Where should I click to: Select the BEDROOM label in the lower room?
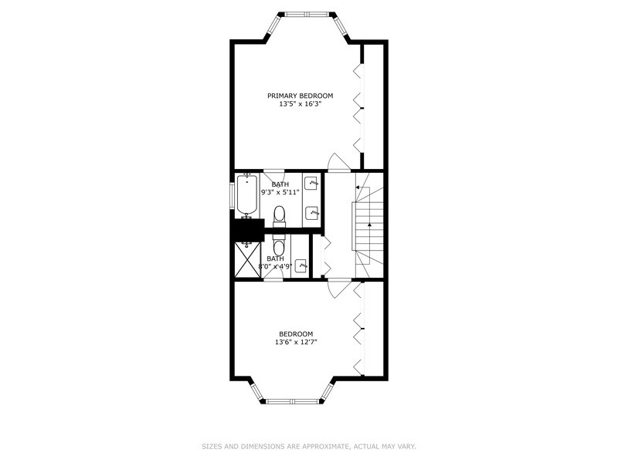click(296, 333)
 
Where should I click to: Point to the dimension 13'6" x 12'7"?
click(296, 342)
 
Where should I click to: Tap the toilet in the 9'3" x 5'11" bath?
click(280, 215)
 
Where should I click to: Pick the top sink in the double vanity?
click(312, 184)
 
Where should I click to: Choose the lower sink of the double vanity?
click(312, 212)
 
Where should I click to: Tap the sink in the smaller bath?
click(301, 265)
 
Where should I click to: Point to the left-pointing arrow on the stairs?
click(358, 187)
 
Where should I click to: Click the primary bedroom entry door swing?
click(338, 162)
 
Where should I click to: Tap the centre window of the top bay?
click(304, 14)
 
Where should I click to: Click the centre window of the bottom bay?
click(293, 401)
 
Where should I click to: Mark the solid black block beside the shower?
click(246, 230)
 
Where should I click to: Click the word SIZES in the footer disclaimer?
click(212, 446)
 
